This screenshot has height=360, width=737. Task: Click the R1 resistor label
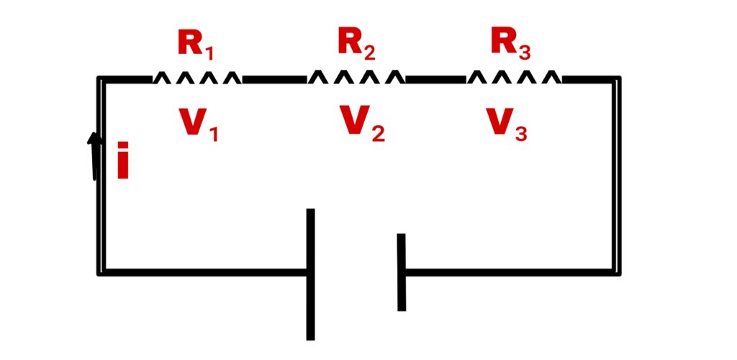pyautogui.click(x=196, y=45)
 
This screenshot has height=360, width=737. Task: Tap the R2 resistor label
pyautogui.click(x=356, y=44)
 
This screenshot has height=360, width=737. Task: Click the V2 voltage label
pyautogui.click(x=361, y=125)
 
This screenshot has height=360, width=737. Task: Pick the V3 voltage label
pyautogui.click(x=507, y=125)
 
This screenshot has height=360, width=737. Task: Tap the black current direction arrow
pyautogui.click(x=94, y=154)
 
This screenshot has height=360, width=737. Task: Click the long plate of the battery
pyautogui.click(x=310, y=274)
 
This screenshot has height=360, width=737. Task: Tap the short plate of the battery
pyautogui.click(x=401, y=272)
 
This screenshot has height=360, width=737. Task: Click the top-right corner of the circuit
pyautogui.click(x=617, y=78)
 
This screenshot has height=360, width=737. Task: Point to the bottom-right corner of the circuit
pyautogui.click(x=617, y=272)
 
